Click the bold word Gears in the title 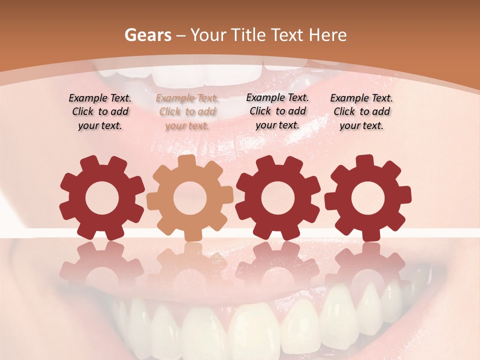point(147,35)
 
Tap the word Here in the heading point(327,35)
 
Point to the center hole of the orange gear point(190,198)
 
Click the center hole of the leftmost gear point(102,198)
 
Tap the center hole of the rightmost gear point(367,198)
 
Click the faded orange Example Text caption point(187,112)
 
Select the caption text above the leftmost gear point(100,112)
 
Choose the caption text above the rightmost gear point(361,112)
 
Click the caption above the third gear point(277,111)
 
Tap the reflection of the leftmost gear point(101,262)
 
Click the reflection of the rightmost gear point(367,262)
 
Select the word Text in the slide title point(289,35)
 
